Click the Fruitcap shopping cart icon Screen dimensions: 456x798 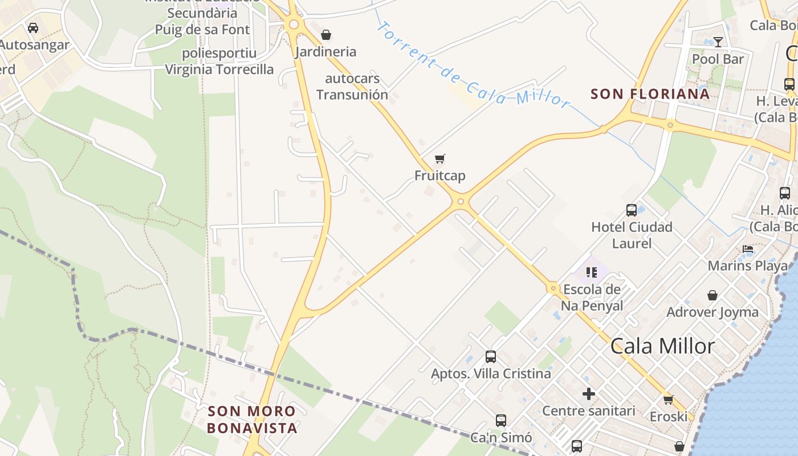point(439,158)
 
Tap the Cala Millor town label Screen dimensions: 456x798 point(662,346)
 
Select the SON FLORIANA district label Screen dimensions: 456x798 point(650,94)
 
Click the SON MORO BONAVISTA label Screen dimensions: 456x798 point(252,420)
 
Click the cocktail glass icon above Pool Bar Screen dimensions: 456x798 point(718,42)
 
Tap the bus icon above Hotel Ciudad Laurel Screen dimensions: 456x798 point(632,210)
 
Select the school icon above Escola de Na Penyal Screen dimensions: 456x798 point(591,272)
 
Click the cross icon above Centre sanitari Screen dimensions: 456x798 point(589,394)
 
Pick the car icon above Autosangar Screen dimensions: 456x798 point(33,27)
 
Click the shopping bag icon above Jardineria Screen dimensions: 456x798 point(326,35)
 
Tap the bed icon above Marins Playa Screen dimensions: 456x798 point(748,249)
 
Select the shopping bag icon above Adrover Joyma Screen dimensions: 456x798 point(712,295)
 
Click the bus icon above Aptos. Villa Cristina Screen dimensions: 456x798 point(491,357)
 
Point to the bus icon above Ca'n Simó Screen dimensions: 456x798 point(501,421)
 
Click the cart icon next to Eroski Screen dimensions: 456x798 point(668,400)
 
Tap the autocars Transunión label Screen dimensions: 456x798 point(352,87)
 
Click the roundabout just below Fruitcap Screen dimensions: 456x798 point(461,201)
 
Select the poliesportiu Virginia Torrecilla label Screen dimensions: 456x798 point(219,62)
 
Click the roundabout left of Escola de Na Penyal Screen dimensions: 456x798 point(552,288)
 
